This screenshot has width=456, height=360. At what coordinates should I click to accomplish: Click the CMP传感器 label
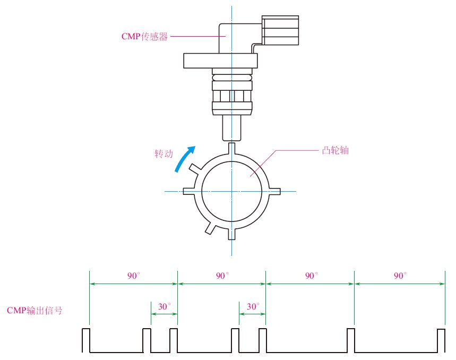tap(145, 37)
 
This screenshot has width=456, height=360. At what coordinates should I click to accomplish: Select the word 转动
tap(164, 153)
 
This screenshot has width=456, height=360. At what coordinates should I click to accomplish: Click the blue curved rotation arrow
tap(185, 158)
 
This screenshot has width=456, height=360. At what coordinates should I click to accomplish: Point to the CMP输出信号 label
tap(35, 310)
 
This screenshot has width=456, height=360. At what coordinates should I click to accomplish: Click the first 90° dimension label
tap(134, 276)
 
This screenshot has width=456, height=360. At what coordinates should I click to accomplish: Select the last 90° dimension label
tap(400, 276)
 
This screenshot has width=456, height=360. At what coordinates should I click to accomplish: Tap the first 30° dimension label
tap(165, 306)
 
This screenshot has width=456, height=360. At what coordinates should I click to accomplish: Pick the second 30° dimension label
tap(253, 306)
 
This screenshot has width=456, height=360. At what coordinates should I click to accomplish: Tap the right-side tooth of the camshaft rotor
tap(274, 191)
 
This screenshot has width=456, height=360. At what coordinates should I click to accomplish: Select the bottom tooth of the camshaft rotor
tap(231, 234)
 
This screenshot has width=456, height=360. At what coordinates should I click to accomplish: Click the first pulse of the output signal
tap(86, 340)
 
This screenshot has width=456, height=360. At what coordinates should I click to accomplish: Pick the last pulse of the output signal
tap(440, 340)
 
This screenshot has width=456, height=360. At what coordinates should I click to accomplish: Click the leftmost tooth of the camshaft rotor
tap(188, 191)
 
